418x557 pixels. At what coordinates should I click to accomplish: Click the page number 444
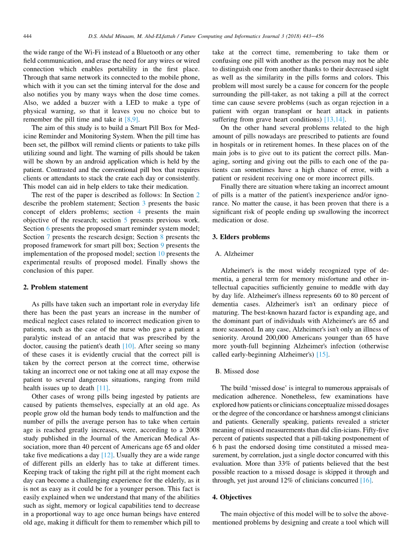pyautogui.click(x=28, y=36)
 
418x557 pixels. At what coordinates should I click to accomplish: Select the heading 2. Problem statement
pyautogui.click(x=56, y=287)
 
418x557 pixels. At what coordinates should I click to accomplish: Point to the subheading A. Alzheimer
pyautogui.click(x=234, y=254)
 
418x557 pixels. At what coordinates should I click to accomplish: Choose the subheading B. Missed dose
pyautogui.click(x=237, y=371)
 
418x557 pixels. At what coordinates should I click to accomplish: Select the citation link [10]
pyautogui.click(x=128, y=346)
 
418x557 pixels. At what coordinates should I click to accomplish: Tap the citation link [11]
pyautogui.click(x=103, y=388)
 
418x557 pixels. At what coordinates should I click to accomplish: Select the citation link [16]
pyautogui.click(x=366, y=480)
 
